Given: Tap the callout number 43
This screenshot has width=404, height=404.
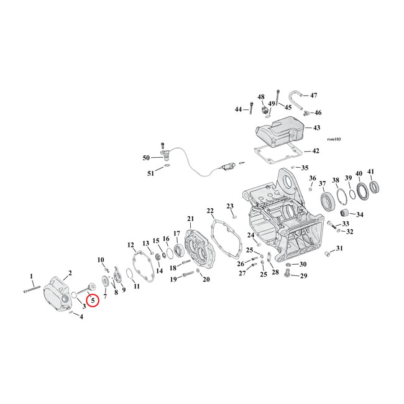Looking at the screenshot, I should tap(316, 127).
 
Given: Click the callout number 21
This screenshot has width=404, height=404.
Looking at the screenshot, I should tap(190, 218).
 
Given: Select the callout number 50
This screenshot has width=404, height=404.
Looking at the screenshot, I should tap(146, 158).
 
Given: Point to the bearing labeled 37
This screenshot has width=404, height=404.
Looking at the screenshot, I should tap(327, 201).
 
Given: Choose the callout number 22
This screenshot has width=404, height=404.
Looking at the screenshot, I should tap(210, 211).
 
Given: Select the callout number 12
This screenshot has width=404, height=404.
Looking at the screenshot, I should tap(131, 244).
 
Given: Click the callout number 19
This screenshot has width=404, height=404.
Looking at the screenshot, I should tap(173, 279).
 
